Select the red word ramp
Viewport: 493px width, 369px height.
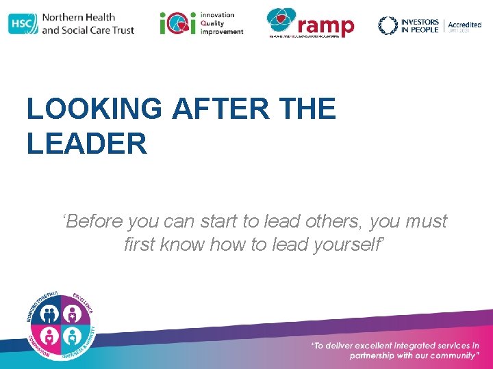click(x=327, y=26)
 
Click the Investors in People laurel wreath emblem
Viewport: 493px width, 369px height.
click(x=388, y=25)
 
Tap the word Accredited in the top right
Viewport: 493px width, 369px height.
click(x=464, y=25)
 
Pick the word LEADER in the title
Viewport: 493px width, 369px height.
click(x=87, y=143)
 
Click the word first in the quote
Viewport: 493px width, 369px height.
click(x=139, y=244)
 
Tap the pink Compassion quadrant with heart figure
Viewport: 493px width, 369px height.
click(x=49, y=336)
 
